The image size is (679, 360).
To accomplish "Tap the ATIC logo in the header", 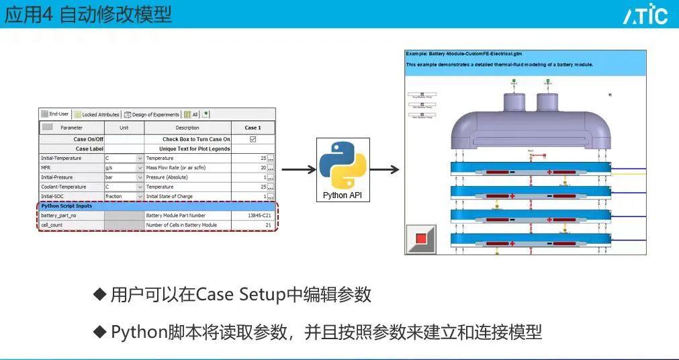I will pos(644,14).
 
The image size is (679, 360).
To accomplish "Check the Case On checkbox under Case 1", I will pos(253,139).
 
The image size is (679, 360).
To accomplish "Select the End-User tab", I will pos(56,114).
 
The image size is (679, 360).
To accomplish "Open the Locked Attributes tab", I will pos(97,114).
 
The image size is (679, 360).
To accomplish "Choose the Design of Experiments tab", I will pos(152,114).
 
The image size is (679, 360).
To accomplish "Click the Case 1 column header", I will pos(253,127).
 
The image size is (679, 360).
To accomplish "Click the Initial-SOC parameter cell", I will pos(71,196).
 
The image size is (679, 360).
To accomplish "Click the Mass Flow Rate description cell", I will pos(187,168).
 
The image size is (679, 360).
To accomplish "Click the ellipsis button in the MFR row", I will pos(271,168).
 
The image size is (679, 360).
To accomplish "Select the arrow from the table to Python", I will pos(298,169).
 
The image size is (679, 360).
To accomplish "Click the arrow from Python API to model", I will pos(384,169).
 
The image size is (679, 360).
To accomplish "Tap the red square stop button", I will pos(421,238).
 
